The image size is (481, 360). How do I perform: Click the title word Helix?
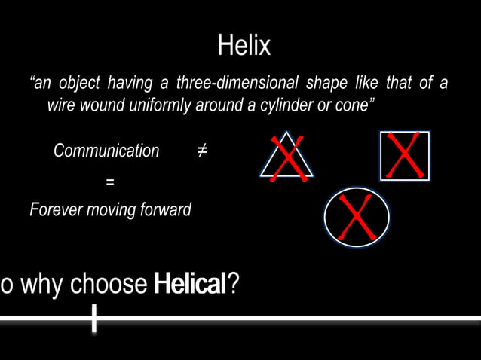coord(244,47)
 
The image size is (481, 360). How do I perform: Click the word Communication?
coord(106,151)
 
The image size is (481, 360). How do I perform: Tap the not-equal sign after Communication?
coord(202,151)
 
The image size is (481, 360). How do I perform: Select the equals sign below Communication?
coord(109,182)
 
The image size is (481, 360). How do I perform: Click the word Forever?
coord(57,209)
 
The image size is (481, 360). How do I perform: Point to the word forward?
coord(161,209)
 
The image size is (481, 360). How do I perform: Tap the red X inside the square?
coord(405,156)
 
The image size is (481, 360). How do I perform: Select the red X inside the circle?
coord(356,218)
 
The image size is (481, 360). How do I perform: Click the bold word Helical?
coord(189,285)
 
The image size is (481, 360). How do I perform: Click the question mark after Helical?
coord(234,285)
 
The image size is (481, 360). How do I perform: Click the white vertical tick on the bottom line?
coord(93,319)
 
